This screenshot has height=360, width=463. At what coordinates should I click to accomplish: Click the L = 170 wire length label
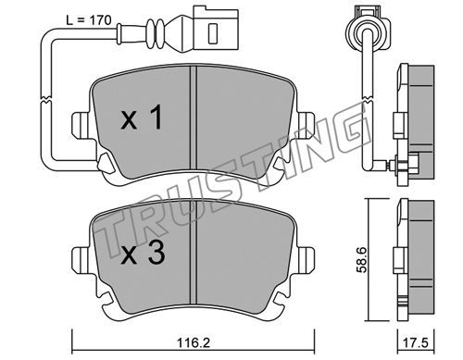pyautogui.click(x=89, y=20)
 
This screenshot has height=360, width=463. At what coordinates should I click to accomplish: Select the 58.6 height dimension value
pyautogui.click(x=361, y=259)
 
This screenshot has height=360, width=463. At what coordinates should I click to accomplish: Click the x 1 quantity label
pyautogui.click(x=142, y=118)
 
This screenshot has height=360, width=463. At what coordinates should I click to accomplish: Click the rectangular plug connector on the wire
pyautogui.click(x=216, y=30)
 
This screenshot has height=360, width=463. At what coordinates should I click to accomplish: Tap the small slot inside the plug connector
pyautogui.click(x=213, y=33)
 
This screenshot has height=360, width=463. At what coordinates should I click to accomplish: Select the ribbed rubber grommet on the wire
pyautogui.click(x=156, y=33)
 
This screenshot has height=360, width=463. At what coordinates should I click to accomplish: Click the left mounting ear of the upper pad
pyautogui.click(x=81, y=125)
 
